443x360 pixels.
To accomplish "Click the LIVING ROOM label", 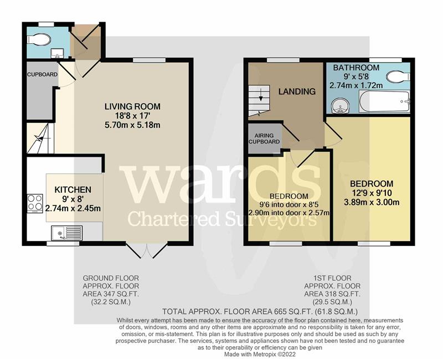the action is (132, 106).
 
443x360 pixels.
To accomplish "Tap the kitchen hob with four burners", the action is (35, 203).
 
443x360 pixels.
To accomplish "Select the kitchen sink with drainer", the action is (67, 233).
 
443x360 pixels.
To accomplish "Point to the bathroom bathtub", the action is (384, 101).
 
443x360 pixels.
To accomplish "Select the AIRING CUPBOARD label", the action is (264, 138).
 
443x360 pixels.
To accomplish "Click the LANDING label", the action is (297, 91).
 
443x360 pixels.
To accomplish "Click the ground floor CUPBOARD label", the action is (42, 75).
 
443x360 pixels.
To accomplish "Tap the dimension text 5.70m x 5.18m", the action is (132, 125).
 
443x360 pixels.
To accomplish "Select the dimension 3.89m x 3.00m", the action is (372, 202).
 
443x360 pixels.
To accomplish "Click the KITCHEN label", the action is (73, 189).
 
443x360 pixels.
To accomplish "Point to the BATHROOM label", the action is (356, 68).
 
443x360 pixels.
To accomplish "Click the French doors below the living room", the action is (147, 250).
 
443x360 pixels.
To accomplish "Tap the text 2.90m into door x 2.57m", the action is (289, 213).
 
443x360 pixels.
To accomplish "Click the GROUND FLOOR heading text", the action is (111, 279).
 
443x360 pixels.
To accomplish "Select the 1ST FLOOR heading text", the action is (332, 279).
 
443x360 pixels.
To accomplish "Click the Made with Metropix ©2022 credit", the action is (260, 354).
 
